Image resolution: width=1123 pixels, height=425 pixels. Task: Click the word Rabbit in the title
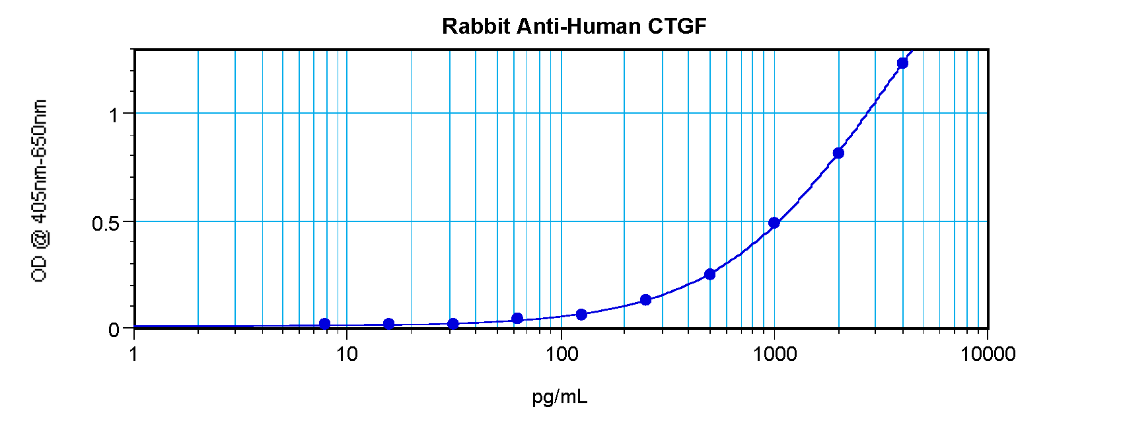pos(476,26)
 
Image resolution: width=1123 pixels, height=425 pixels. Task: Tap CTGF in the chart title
pos(677,26)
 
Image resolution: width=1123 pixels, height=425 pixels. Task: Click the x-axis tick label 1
pos(134,354)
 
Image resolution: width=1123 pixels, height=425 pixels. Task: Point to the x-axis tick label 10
pos(347,354)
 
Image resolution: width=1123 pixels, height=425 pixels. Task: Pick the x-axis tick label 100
pos(561,354)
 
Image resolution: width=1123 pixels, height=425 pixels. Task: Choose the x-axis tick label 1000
pos(775,354)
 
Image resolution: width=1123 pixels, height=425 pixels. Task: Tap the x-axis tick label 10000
pos(988,354)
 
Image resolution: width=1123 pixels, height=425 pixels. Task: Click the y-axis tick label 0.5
pos(106,223)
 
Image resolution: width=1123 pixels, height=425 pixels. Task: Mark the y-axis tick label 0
pos(114,330)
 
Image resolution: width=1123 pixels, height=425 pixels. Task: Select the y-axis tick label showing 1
pos(114,115)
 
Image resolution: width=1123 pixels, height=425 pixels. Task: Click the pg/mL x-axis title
pos(560,397)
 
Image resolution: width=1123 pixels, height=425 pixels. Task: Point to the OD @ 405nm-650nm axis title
pos(40,190)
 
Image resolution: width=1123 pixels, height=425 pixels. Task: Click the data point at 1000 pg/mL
pos(774,223)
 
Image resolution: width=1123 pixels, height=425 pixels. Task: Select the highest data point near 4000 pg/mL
pos(902,63)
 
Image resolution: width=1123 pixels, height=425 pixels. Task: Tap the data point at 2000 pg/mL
pos(838,153)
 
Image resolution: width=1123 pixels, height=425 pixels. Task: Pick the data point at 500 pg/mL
pos(710,274)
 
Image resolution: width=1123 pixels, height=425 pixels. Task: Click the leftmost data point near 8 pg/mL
pos(324,324)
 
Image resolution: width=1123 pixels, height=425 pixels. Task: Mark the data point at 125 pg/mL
pos(581,315)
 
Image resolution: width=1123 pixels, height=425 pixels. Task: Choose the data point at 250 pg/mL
pos(646,300)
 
